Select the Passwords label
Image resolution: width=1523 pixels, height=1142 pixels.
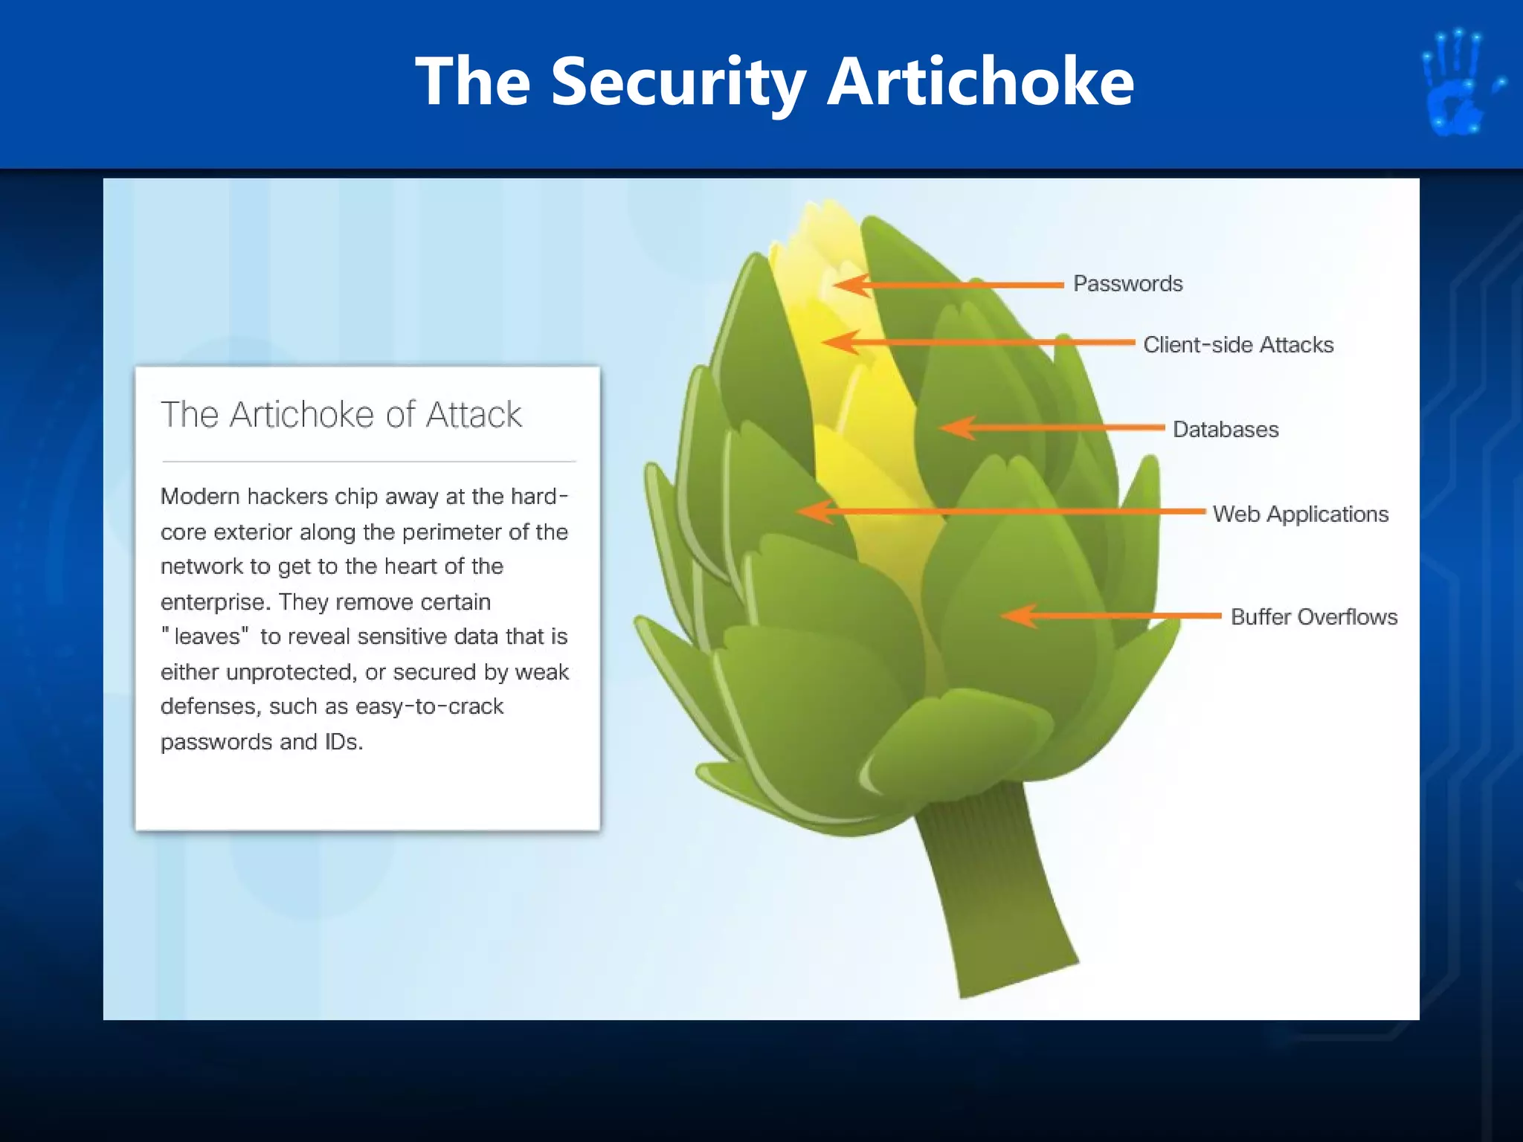(x=1127, y=283)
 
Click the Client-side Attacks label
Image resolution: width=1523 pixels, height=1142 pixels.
(x=1238, y=344)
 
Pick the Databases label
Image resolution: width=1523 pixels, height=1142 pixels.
(x=1226, y=429)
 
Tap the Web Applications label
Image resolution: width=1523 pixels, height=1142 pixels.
(x=1301, y=514)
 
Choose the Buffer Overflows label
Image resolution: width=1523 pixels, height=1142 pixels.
(x=1314, y=616)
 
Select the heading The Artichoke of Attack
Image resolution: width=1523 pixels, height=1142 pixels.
(x=341, y=414)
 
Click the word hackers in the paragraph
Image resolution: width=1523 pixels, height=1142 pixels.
(x=287, y=496)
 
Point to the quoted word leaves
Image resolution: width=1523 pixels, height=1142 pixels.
(x=207, y=636)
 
